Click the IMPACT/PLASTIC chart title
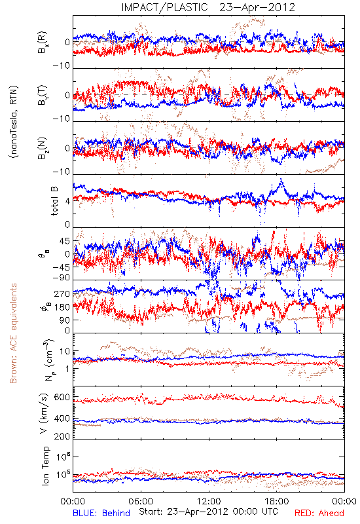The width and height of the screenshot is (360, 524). coord(165,7)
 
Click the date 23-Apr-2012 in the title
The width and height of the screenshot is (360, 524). coord(257,7)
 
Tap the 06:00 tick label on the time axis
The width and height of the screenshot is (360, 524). coord(141,501)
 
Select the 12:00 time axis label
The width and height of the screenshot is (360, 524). coord(209,501)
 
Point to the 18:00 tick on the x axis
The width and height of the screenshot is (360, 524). coord(277,501)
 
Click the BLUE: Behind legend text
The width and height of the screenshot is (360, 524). coord(101,513)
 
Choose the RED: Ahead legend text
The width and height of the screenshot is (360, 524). coord(319,513)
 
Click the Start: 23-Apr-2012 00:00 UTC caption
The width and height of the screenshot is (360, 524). coord(208,512)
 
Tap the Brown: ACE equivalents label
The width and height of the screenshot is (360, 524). coord(13,333)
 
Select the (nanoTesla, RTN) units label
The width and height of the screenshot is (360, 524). coord(14,122)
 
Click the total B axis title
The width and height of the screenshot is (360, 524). coord(54,201)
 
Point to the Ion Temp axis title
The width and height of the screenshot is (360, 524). coord(46,466)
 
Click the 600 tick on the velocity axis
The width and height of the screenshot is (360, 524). coord(62,397)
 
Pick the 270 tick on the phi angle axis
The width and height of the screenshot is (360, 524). coord(62,293)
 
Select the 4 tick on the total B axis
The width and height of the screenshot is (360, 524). coord(67,202)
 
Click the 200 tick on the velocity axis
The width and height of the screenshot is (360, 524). coord(62,436)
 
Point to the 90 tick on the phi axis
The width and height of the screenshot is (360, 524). coord(65,320)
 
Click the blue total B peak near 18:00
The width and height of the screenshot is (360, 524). coord(281,179)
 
